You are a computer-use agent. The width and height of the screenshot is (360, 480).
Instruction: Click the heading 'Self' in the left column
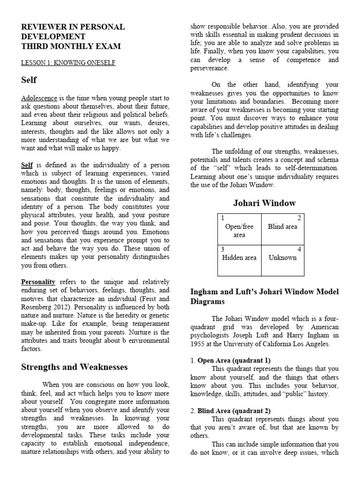(29, 80)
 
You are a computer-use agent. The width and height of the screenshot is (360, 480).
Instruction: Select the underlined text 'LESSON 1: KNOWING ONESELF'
(68, 62)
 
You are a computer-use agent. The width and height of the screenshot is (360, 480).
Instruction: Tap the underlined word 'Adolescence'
(39, 98)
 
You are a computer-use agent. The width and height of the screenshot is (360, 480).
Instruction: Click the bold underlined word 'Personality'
(38, 282)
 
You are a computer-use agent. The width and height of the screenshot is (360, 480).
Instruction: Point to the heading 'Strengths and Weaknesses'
(74, 367)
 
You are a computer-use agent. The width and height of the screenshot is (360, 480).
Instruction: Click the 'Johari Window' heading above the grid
(264, 203)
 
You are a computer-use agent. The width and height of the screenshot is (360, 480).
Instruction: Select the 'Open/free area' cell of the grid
(239, 231)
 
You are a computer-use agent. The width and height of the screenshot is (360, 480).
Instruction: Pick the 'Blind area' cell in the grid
(282, 226)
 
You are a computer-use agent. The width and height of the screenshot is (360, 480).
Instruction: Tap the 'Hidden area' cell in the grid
(239, 257)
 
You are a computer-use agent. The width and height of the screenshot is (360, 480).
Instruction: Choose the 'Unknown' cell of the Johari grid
(282, 257)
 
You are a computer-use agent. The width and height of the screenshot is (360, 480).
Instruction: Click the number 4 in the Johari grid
(300, 249)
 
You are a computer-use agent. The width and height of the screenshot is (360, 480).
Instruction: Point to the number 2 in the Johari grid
(300, 218)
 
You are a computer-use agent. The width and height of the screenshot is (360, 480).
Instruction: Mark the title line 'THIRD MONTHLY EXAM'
(71, 46)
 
